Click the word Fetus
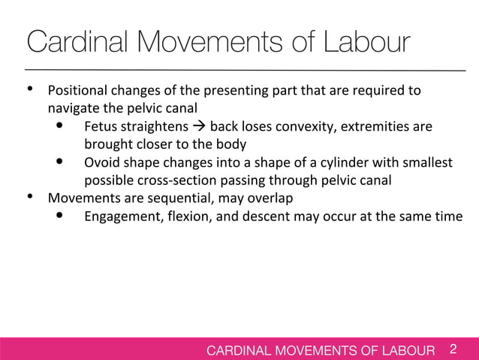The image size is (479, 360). (x=101, y=126)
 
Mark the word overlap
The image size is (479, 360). (x=270, y=198)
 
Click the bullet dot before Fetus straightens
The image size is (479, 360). (x=60, y=126)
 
